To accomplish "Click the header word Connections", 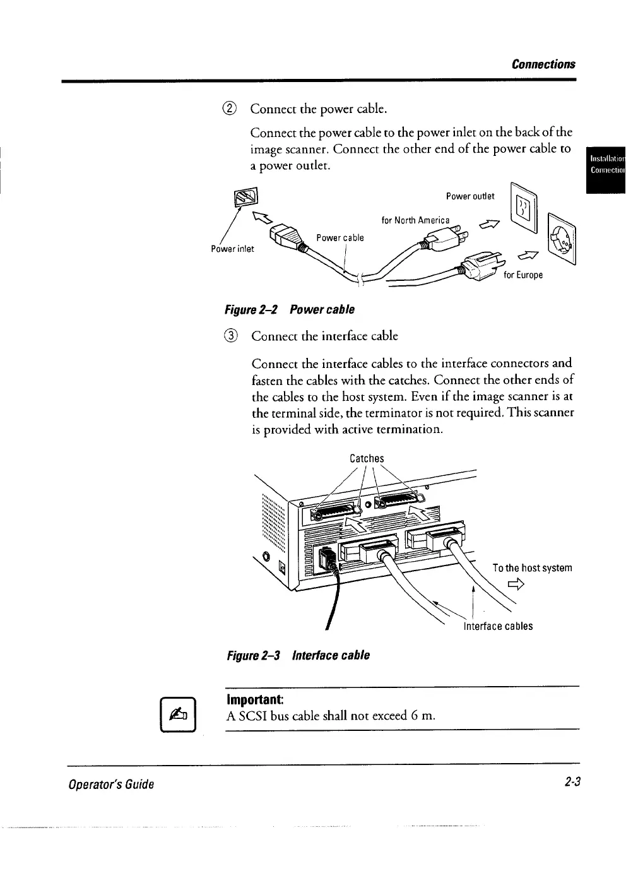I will tap(543, 64).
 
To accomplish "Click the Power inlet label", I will tap(232, 249).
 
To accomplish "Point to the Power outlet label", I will tap(470, 196).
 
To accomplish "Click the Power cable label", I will tap(340, 237).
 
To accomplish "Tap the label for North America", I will tap(415, 220).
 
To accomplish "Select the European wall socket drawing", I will tap(562, 237).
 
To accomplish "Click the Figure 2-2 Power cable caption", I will tap(290, 309).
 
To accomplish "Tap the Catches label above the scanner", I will tap(367, 458).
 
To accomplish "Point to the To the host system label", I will tap(532, 567).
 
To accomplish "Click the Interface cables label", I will tap(498, 626).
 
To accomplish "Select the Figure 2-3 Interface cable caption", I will tap(297, 655).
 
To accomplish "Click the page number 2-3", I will tap(572, 783).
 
